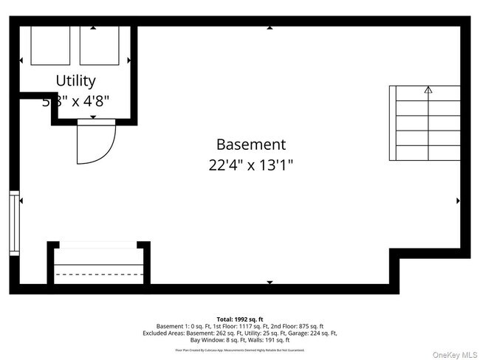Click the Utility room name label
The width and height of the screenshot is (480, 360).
[x=75, y=80]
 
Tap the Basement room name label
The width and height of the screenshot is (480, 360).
[x=250, y=145]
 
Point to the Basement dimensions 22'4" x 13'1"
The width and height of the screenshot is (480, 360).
[x=250, y=166]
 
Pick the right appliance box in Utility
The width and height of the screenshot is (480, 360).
[x=99, y=46]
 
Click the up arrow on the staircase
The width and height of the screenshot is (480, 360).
[x=428, y=90]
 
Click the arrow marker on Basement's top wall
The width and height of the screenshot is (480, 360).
[x=270, y=28]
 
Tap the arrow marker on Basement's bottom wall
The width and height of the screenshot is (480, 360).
[x=270, y=282]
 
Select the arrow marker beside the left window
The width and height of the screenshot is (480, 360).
[x=21, y=201]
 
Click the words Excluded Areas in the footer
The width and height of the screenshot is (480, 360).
[x=161, y=333]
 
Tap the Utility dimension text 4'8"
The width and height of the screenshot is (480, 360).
[x=95, y=101]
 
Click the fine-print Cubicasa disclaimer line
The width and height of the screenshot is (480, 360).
[x=239, y=350]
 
